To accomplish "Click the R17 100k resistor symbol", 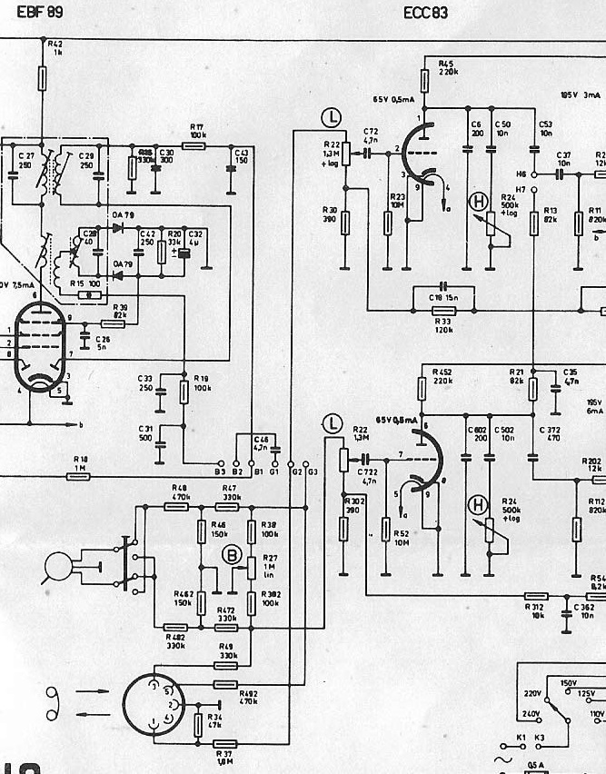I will tap(194, 144).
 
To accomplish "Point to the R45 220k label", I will tap(448, 67).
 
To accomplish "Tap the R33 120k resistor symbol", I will tap(444, 311).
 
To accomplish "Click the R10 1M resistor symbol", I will tap(79, 476).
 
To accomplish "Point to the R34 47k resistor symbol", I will tap(200, 724).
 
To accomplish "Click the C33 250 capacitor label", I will tap(145, 382).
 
